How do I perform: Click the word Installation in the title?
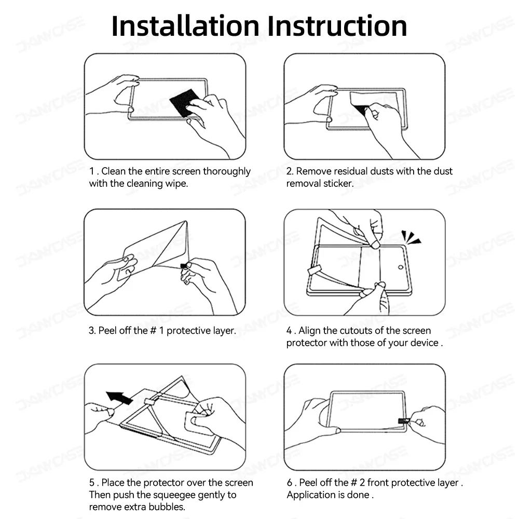point(185,26)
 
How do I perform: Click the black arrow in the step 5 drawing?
point(119,397)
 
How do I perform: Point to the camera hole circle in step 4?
point(401,267)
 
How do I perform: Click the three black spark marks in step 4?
point(411,237)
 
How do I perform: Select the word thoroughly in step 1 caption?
point(227,171)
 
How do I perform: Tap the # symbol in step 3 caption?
point(153,331)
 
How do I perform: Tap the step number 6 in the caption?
point(290,483)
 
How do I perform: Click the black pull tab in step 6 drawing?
point(404,421)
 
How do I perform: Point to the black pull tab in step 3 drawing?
point(184,265)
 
